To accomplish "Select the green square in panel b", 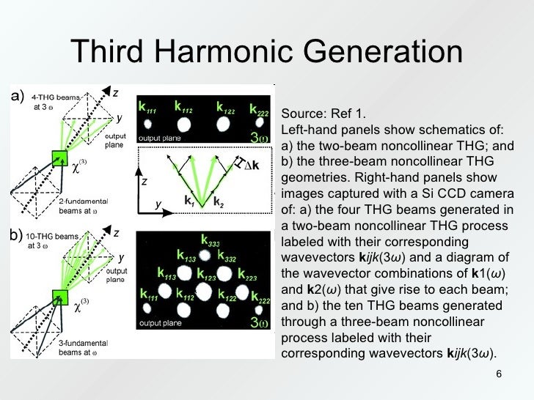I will pyautogui.click(x=59, y=297).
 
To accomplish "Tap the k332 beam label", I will pyautogui.click(x=227, y=258).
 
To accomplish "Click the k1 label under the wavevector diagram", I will pyautogui.click(x=189, y=200).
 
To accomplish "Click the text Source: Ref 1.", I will pyautogui.click(x=322, y=115).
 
